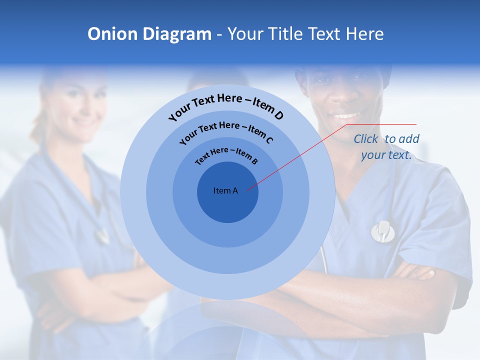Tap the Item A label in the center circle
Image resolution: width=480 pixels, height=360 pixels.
(225, 190)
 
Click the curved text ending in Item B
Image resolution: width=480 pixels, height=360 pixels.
(226, 155)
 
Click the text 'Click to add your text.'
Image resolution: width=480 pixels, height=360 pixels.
(386, 147)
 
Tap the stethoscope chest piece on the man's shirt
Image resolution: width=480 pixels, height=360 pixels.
(382, 231)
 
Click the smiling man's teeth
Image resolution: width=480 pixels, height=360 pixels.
(346, 116)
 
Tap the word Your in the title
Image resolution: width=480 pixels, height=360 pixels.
(249, 34)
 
